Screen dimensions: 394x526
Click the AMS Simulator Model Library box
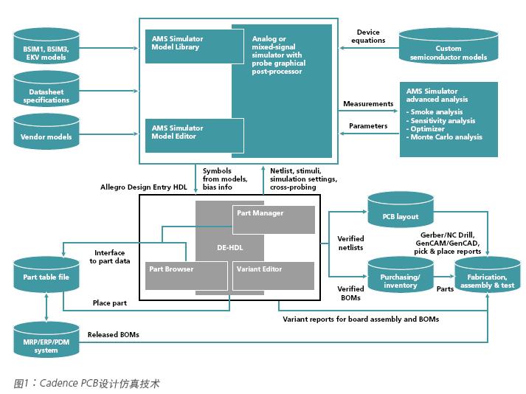click(x=185, y=43)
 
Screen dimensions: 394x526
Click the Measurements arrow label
click(x=367, y=104)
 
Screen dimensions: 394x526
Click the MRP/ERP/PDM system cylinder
click(x=46, y=341)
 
